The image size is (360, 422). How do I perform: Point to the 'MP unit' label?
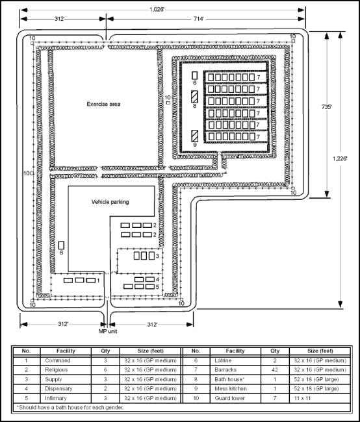point(108,332)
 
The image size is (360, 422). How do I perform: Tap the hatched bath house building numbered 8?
point(195,97)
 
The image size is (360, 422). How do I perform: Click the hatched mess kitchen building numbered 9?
point(195,137)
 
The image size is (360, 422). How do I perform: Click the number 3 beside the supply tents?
point(157,256)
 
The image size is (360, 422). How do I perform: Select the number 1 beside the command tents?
point(97,280)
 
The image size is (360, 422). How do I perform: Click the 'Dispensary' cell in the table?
point(57,388)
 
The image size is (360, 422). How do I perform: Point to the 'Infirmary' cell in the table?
point(56,398)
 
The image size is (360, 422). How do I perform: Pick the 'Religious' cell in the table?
point(56,369)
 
